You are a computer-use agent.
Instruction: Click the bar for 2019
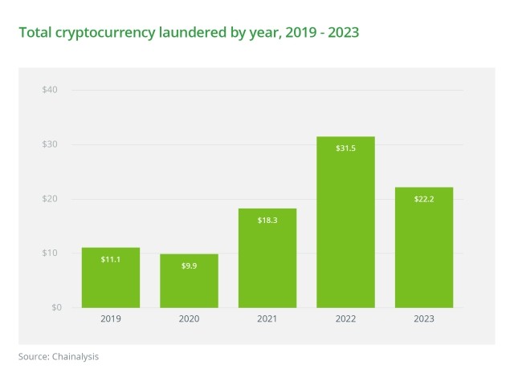pyautogui.click(x=111, y=278)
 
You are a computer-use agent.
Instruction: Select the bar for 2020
pyautogui.click(x=189, y=281)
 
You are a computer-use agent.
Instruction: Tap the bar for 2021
pyautogui.click(x=267, y=257)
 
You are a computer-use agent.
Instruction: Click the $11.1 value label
pyautogui.click(x=111, y=260)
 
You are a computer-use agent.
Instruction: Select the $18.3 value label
pyautogui.click(x=267, y=220)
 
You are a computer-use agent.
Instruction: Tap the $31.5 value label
pyautogui.click(x=345, y=148)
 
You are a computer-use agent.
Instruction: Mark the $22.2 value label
pyautogui.click(x=424, y=199)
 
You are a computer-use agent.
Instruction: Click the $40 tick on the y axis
pyautogui.click(x=49, y=90)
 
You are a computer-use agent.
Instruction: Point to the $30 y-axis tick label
pyautogui.click(x=49, y=144)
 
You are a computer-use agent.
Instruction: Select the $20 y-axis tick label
pyautogui.click(x=49, y=199)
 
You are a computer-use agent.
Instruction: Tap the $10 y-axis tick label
pyautogui.click(x=49, y=253)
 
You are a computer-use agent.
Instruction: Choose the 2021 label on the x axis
pyautogui.click(x=267, y=319)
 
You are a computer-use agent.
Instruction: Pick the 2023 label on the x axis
pyautogui.click(x=424, y=319)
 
